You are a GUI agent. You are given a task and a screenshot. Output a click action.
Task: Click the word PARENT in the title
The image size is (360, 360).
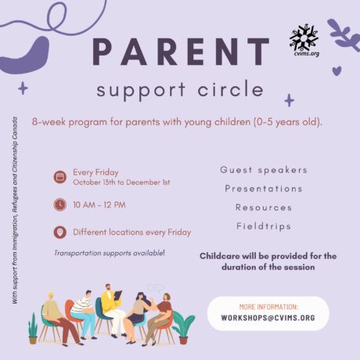(x=181, y=52)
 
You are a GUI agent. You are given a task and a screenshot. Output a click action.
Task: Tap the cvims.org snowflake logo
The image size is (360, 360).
(x=304, y=41)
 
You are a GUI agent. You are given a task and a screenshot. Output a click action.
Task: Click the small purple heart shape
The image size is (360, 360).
(x=337, y=70)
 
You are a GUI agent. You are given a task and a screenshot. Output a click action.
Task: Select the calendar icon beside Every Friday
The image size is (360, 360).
(x=60, y=177)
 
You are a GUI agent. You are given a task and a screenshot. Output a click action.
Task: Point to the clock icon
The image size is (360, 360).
(x=60, y=204)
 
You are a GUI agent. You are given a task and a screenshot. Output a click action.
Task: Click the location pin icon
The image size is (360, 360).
(x=60, y=232)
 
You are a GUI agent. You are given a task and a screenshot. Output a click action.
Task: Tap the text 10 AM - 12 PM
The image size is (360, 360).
(x=99, y=205)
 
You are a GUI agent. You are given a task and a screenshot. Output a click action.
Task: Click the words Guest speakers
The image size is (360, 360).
(x=264, y=170)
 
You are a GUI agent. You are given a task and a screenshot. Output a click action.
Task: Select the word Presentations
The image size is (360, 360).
(x=264, y=189)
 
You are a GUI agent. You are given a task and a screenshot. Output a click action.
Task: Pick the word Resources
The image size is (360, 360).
(x=264, y=207)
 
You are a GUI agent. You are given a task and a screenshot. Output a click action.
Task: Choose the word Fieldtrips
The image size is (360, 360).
(x=264, y=226)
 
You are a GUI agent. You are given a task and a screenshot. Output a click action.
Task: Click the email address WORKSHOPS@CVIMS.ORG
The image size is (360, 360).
(x=268, y=318)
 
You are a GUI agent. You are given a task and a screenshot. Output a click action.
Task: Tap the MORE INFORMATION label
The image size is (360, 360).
(x=268, y=307)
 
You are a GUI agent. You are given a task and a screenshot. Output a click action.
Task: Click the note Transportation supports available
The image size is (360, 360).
(x=110, y=253)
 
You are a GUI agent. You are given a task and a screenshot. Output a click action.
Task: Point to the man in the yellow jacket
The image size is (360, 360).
(x=112, y=309)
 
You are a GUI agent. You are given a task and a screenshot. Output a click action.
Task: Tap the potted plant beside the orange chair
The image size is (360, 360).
(x=182, y=326)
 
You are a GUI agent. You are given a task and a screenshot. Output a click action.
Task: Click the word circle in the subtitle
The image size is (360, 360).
(x=230, y=89)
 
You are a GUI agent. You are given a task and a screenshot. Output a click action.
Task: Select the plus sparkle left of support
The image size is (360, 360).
(x=23, y=88)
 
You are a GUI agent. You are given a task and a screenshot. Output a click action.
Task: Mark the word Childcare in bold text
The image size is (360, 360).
(x=219, y=256)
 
